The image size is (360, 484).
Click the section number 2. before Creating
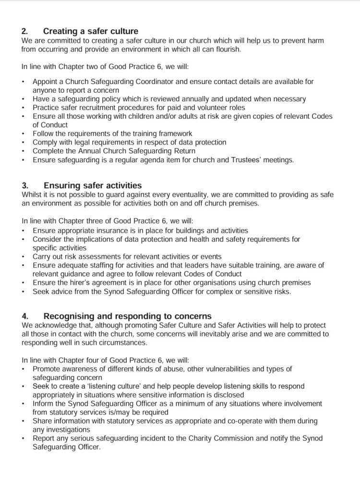click(x=25, y=32)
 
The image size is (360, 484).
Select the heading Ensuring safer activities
click(x=93, y=185)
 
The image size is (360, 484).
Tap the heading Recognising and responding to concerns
click(x=127, y=316)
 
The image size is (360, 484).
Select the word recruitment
click(x=110, y=108)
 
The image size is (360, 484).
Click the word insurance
click(x=107, y=230)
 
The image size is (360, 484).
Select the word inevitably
click(x=240, y=334)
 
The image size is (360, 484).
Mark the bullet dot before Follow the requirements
click(x=24, y=133)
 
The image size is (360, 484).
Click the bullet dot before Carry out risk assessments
click(x=24, y=257)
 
